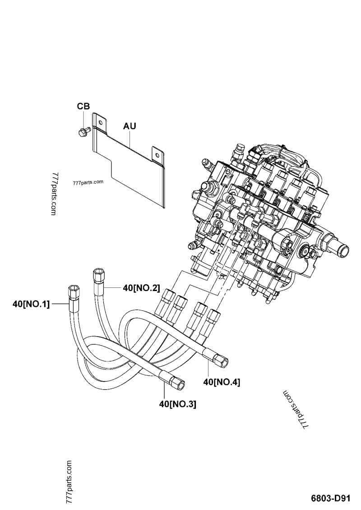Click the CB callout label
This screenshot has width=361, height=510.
83,106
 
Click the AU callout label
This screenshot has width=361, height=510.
130,126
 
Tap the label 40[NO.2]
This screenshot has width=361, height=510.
141,287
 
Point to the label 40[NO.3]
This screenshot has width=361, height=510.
177,405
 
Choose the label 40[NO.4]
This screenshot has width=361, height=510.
222,382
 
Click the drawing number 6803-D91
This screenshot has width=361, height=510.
330,499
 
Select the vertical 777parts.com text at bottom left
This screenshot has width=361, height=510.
69,483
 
